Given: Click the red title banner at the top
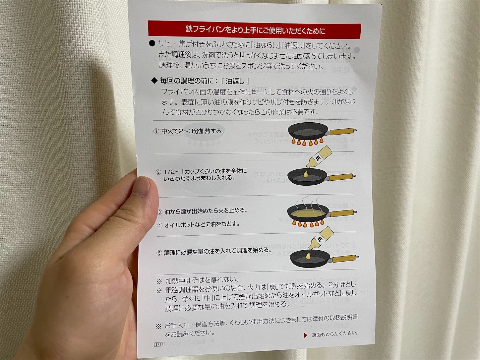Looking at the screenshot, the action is click(254, 30).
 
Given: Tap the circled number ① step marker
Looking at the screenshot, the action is click(156, 131).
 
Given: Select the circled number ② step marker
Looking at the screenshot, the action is click(158, 172).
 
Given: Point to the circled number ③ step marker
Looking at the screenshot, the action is click(160, 212).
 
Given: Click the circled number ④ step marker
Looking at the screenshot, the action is click(160, 225).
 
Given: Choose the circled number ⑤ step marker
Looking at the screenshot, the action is click(159, 253).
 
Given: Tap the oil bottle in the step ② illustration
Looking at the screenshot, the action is click(318, 157).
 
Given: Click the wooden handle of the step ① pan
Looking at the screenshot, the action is click(342, 132).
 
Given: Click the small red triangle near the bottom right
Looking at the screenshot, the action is click(306, 335).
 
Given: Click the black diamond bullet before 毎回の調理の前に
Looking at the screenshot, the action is click(154, 81).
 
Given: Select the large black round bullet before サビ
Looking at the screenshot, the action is click(152, 43).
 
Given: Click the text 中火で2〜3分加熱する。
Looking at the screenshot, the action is click(193, 131).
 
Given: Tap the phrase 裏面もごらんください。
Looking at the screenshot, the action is click(335, 334).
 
